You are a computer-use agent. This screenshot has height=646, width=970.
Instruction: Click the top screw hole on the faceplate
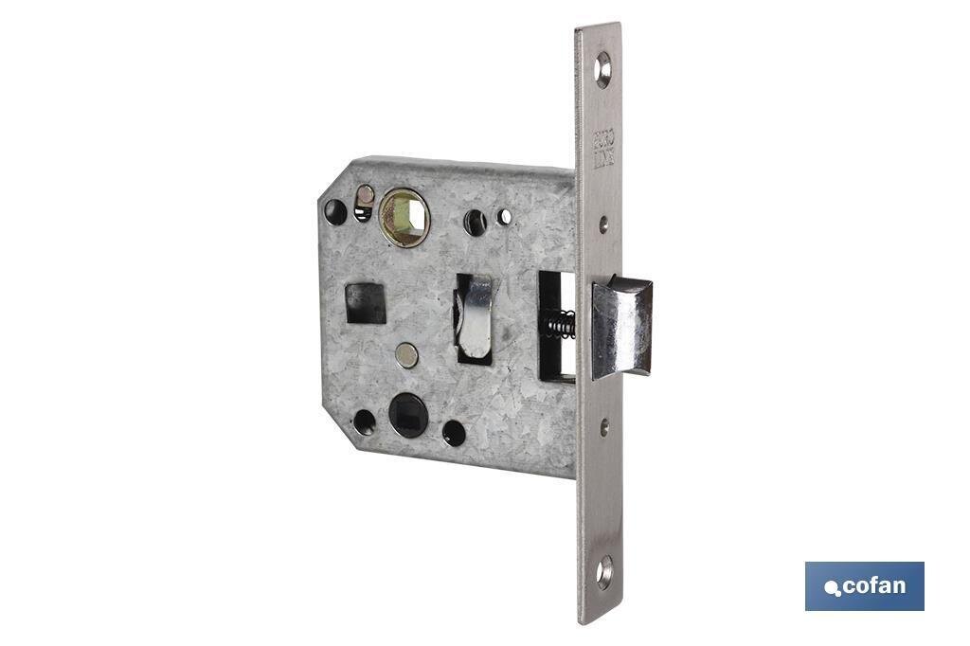(602, 68)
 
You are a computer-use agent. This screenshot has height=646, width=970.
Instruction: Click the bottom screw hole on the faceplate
(603, 571)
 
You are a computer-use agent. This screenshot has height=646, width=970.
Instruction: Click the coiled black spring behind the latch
(560, 324)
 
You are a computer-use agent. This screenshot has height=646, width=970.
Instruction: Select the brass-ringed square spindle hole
(404, 219)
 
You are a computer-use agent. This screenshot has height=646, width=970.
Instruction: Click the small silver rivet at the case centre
(405, 355)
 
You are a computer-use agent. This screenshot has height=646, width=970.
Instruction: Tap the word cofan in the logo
(873, 585)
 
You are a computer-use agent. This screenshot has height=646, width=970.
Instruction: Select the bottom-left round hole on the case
(364, 422)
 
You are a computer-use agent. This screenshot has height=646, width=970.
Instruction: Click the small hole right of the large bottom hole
(454, 433)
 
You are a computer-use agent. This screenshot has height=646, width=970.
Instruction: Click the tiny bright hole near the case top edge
(505, 217)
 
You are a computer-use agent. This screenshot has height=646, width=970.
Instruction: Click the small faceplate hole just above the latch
(603, 224)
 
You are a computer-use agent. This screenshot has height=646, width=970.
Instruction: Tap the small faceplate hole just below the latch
(604, 427)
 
